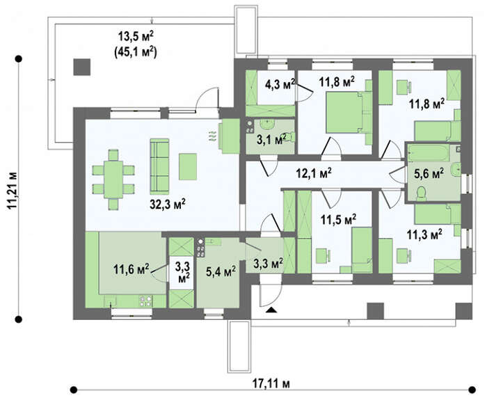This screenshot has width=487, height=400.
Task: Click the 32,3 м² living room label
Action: [x=168, y=204]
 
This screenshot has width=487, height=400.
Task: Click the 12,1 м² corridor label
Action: [x=313, y=173]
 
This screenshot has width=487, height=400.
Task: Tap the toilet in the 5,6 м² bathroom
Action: [x=421, y=193]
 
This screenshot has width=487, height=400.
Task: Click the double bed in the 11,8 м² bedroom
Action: [x=344, y=113]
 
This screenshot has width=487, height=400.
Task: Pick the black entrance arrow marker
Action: [x=272, y=310]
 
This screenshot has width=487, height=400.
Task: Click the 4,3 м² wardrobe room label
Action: [x=280, y=84]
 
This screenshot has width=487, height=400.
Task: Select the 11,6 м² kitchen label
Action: [x=131, y=269]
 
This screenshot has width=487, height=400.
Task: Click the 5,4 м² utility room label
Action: [x=221, y=271]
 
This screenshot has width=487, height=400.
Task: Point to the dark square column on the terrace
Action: [x=82, y=67]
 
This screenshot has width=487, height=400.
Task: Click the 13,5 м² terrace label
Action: [x=136, y=36]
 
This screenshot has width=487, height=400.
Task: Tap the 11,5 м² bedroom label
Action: [x=339, y=220]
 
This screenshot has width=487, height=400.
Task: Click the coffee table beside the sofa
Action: [x=188, y=166]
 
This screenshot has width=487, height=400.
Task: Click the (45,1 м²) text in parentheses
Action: [x=136, y=51]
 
